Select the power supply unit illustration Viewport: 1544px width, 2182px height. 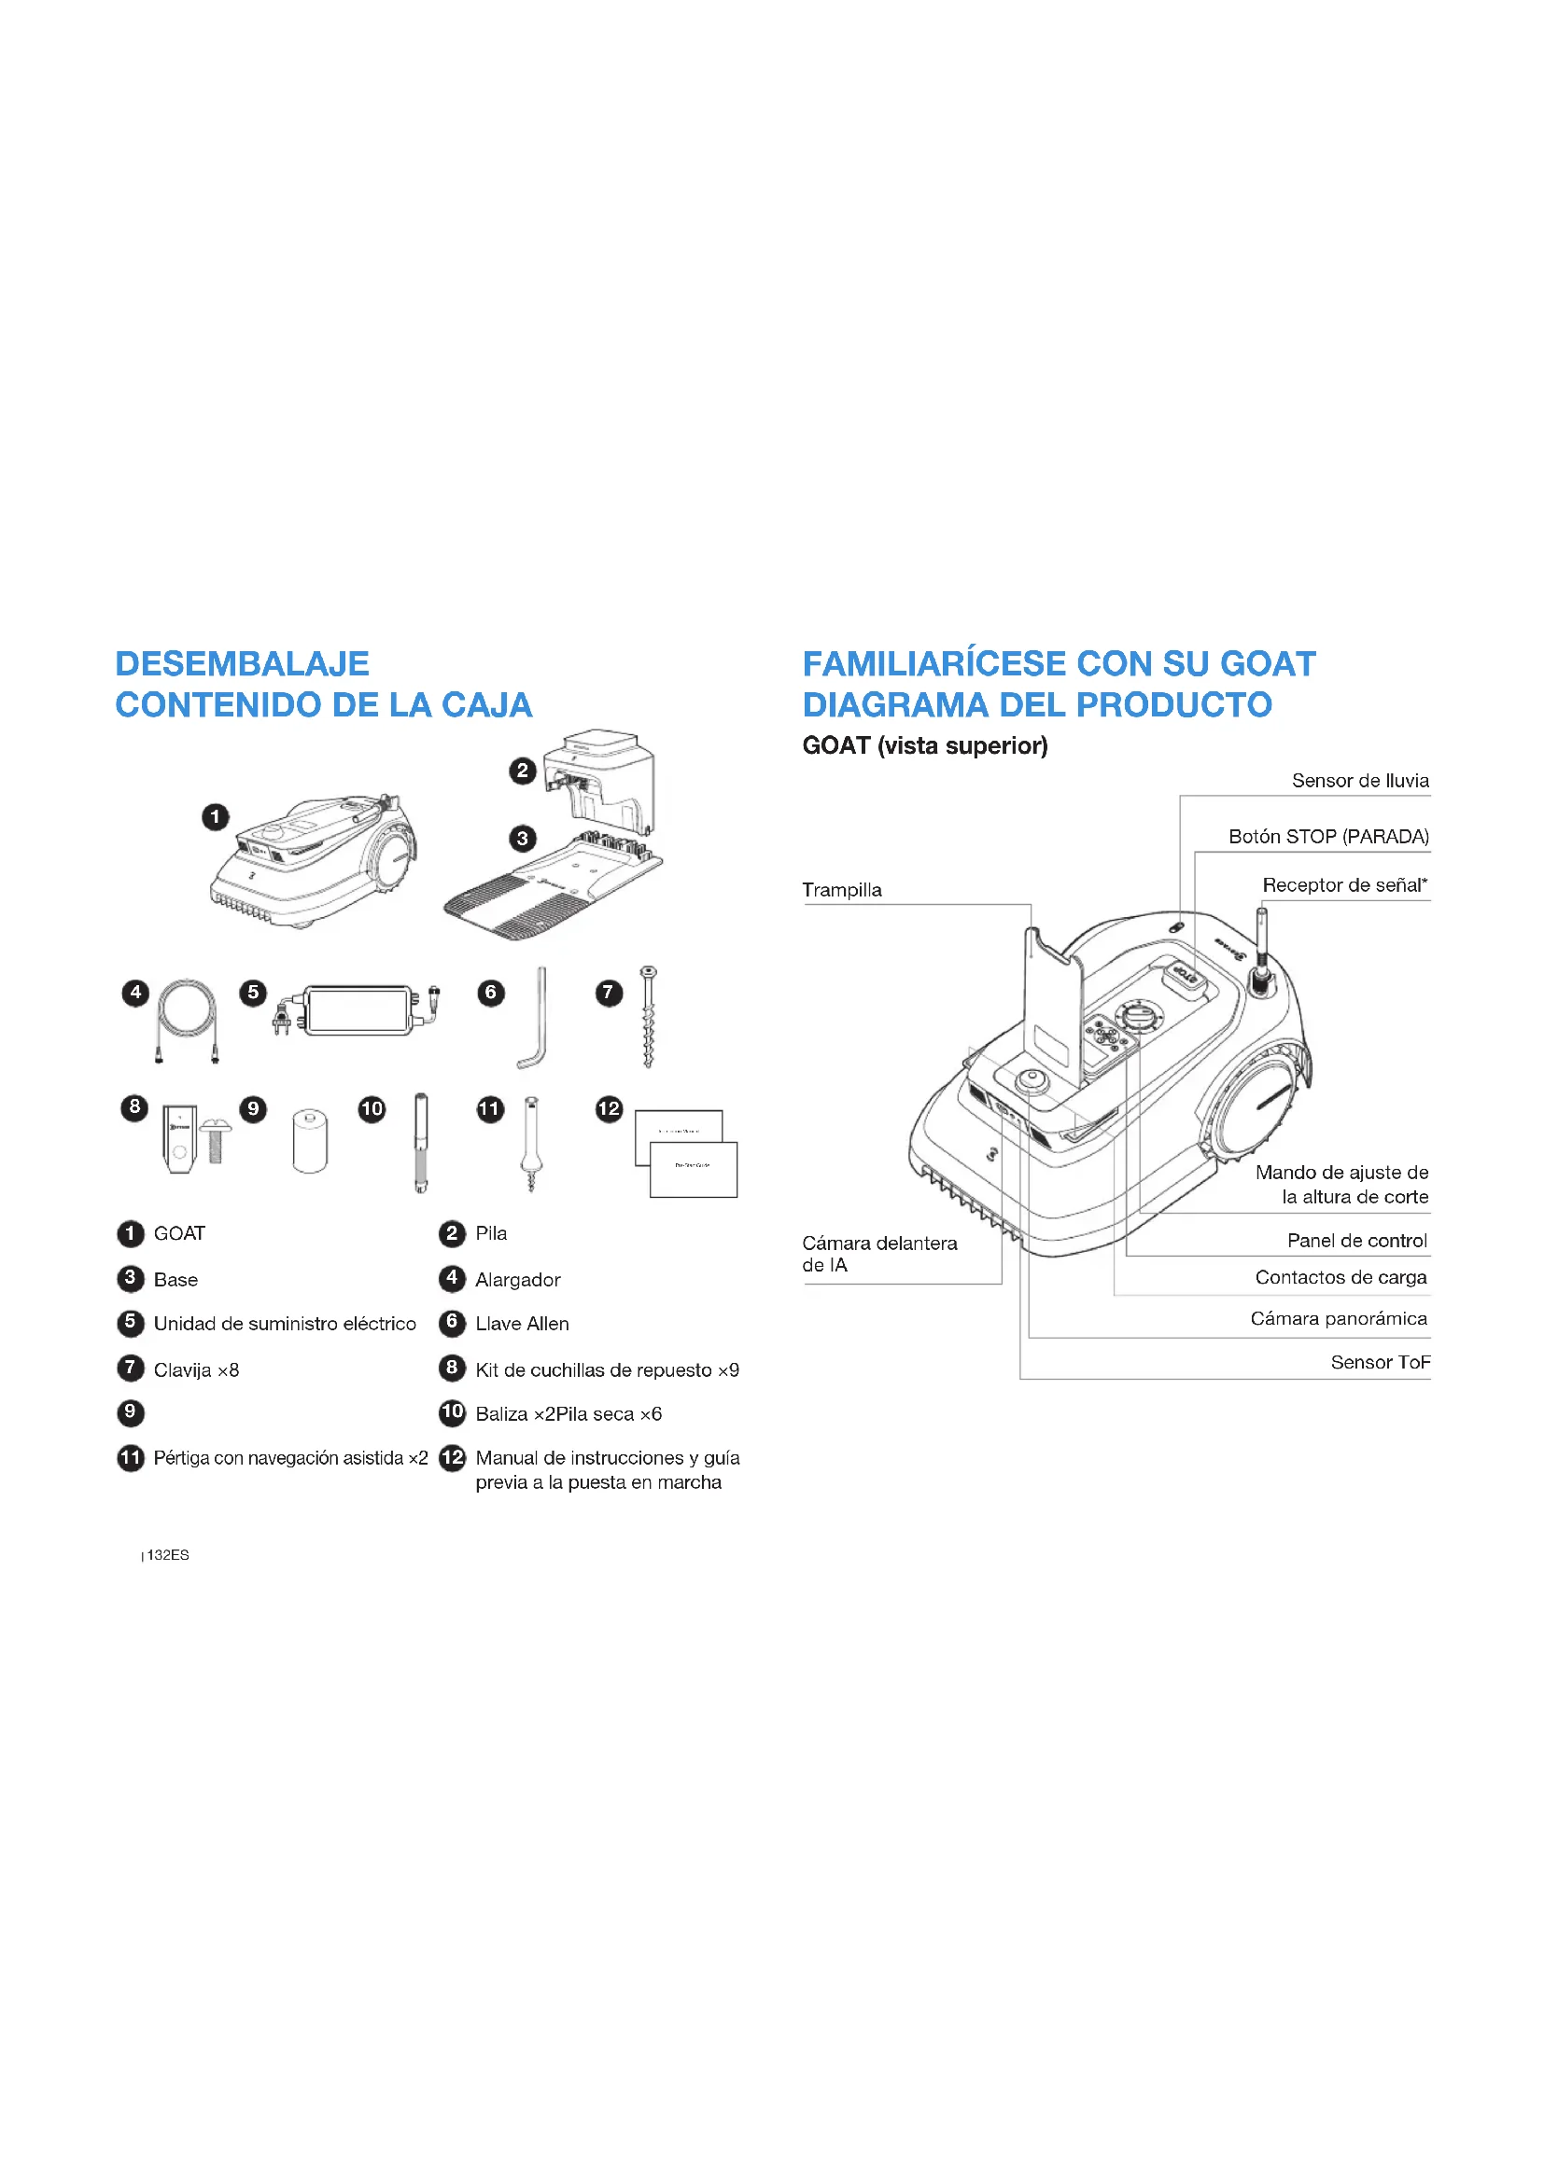tap(358, 1010)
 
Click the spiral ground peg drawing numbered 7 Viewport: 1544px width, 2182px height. tap(650, 1016)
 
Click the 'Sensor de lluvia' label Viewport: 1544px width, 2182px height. tap(1359, 780)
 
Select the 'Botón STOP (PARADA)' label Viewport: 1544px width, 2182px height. tap(1328, 836)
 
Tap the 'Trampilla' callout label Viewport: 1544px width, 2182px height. tap(841, 890)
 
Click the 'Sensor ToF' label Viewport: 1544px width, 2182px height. tap(1380, 1362)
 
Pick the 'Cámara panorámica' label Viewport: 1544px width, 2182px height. tap(1339, 1318)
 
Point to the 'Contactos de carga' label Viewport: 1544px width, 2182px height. tap(1340, 1277)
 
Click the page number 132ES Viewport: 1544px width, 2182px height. tap(167, 1555)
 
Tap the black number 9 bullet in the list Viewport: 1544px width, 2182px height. tap(131, 1413)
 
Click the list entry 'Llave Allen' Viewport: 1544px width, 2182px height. tap(522, 1323)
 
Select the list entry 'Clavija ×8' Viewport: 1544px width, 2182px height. tap(196, 1369)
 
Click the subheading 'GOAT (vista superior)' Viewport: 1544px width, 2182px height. tap(925, 745)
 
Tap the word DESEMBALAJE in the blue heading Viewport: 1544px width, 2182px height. tap(242, 663)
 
